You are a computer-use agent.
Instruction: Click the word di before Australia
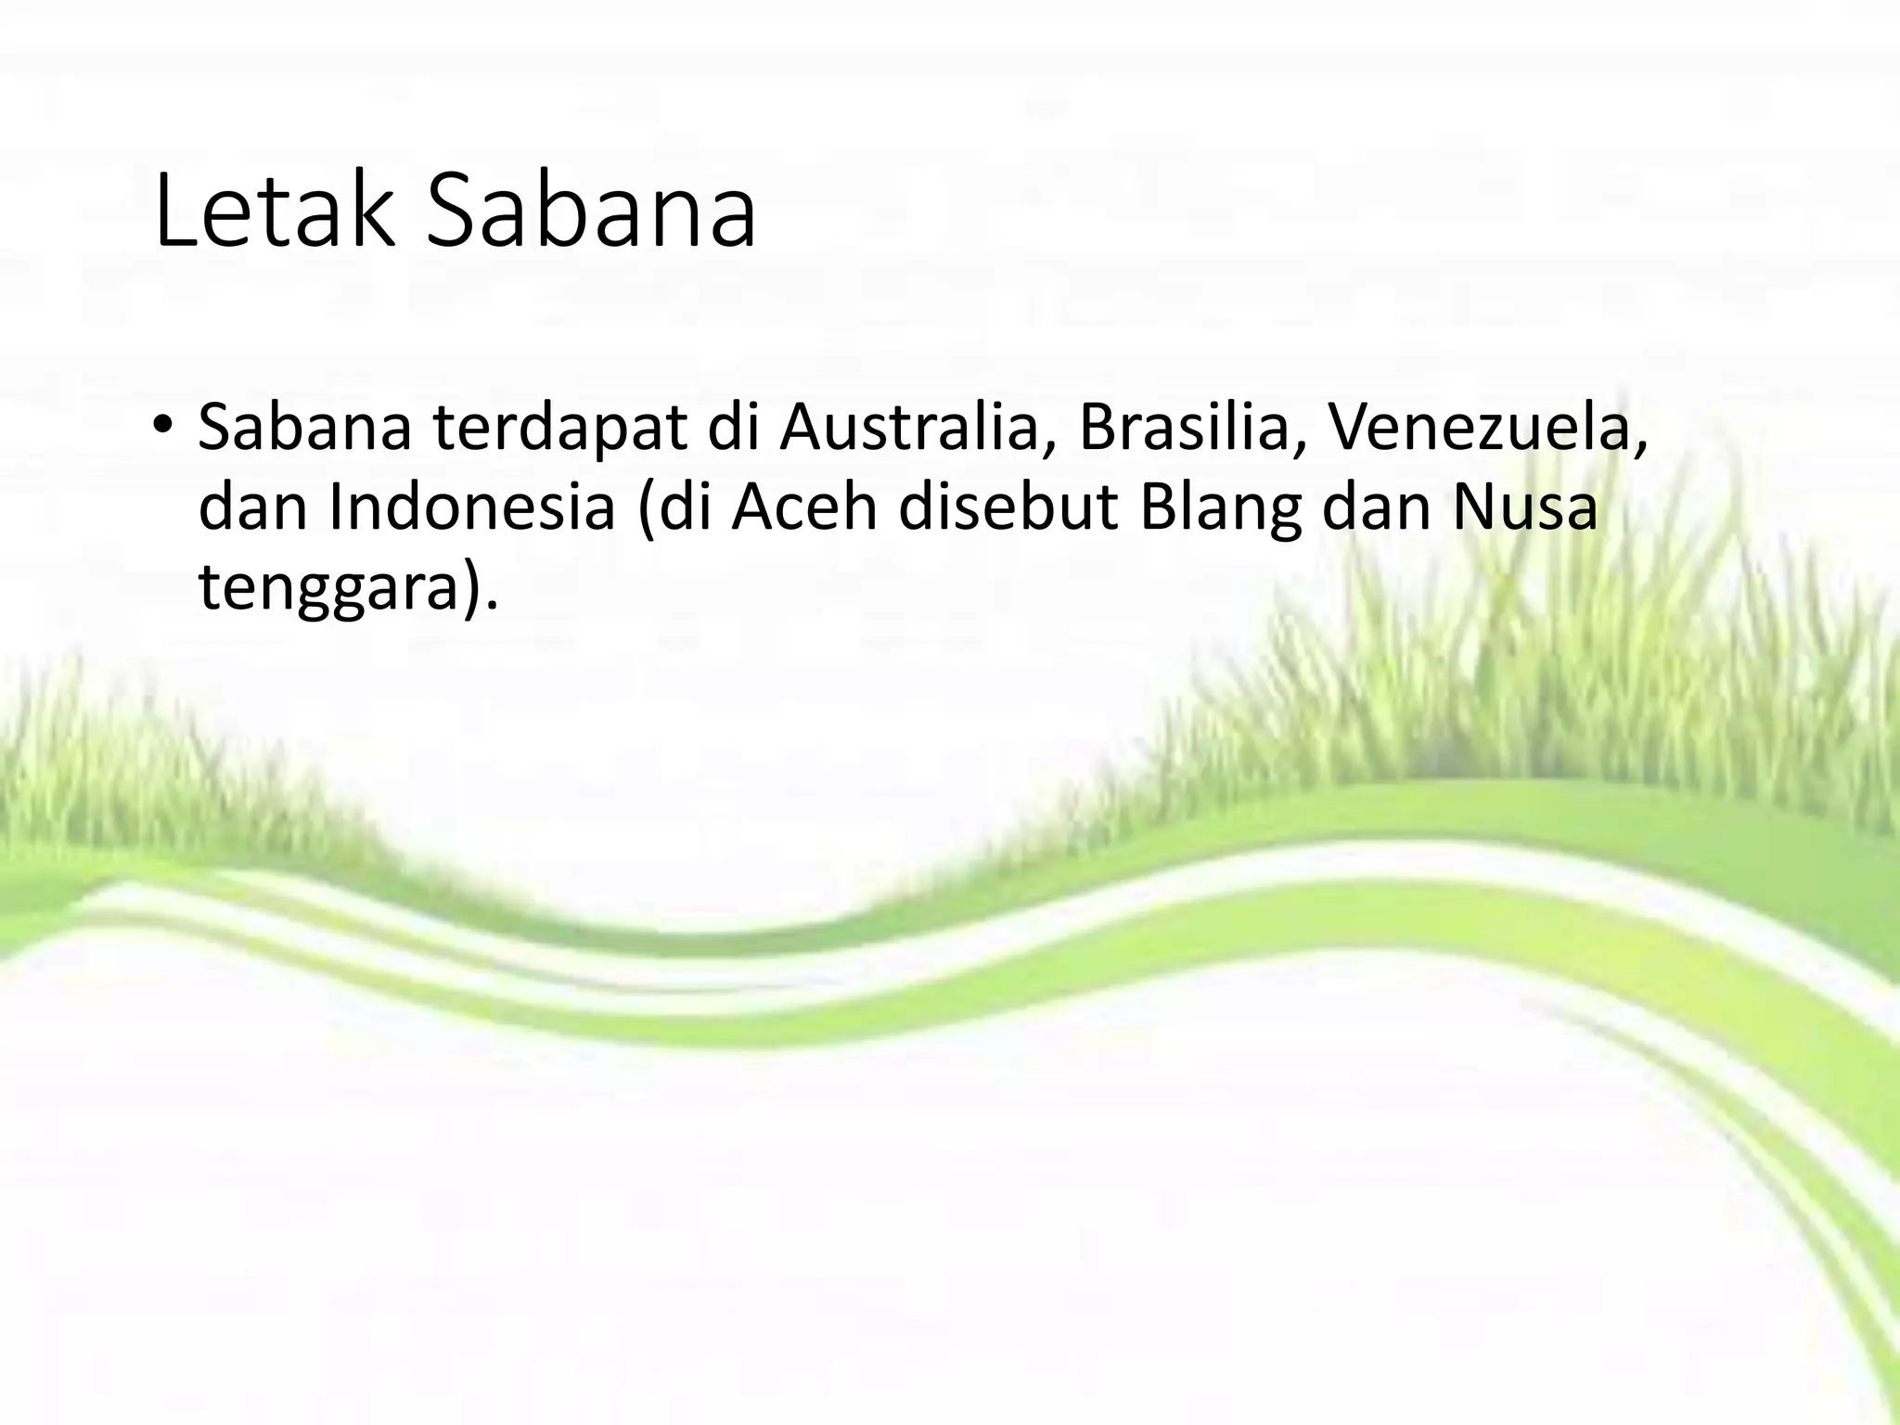pos(733,428)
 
